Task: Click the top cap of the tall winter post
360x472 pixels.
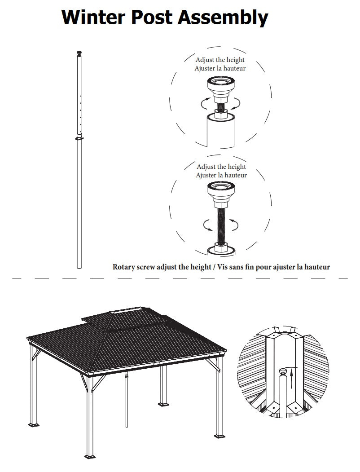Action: coord(79,54)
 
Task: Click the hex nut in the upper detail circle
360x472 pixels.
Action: coord(220,115)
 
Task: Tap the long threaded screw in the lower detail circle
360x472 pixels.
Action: coord(220,222)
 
